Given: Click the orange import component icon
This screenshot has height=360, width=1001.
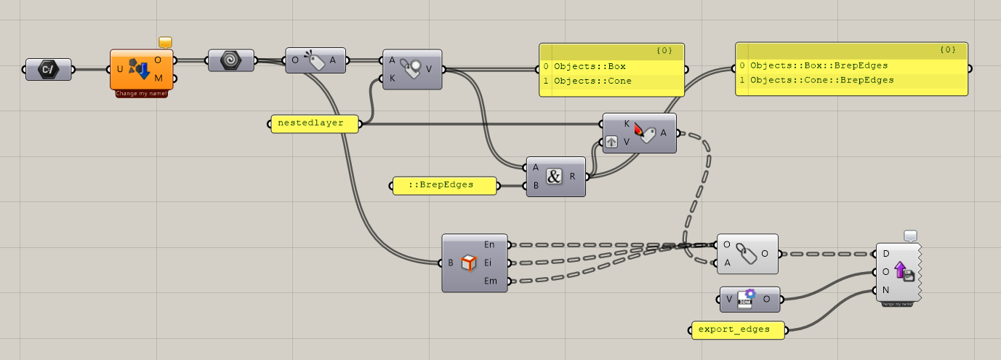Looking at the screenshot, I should [x=139, y=70].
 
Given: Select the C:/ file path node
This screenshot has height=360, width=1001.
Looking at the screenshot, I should [x=49, y=70].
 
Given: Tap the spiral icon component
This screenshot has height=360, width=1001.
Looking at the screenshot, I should [x=231, y=60].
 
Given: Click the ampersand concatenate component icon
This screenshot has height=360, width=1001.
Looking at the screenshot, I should [x=555, y=176].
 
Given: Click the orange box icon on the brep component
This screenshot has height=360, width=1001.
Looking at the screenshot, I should [x=468, y=263].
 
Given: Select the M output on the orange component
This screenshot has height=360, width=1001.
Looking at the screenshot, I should [x=158, y=78].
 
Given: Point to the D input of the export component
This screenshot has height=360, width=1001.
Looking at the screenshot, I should [x=885, y=254].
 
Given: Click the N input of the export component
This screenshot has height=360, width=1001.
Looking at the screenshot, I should [x=885, y=290].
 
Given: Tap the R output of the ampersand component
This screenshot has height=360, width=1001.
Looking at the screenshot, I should [x=573, y=176].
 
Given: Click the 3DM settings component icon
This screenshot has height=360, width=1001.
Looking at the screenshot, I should [x=744, y=298].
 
